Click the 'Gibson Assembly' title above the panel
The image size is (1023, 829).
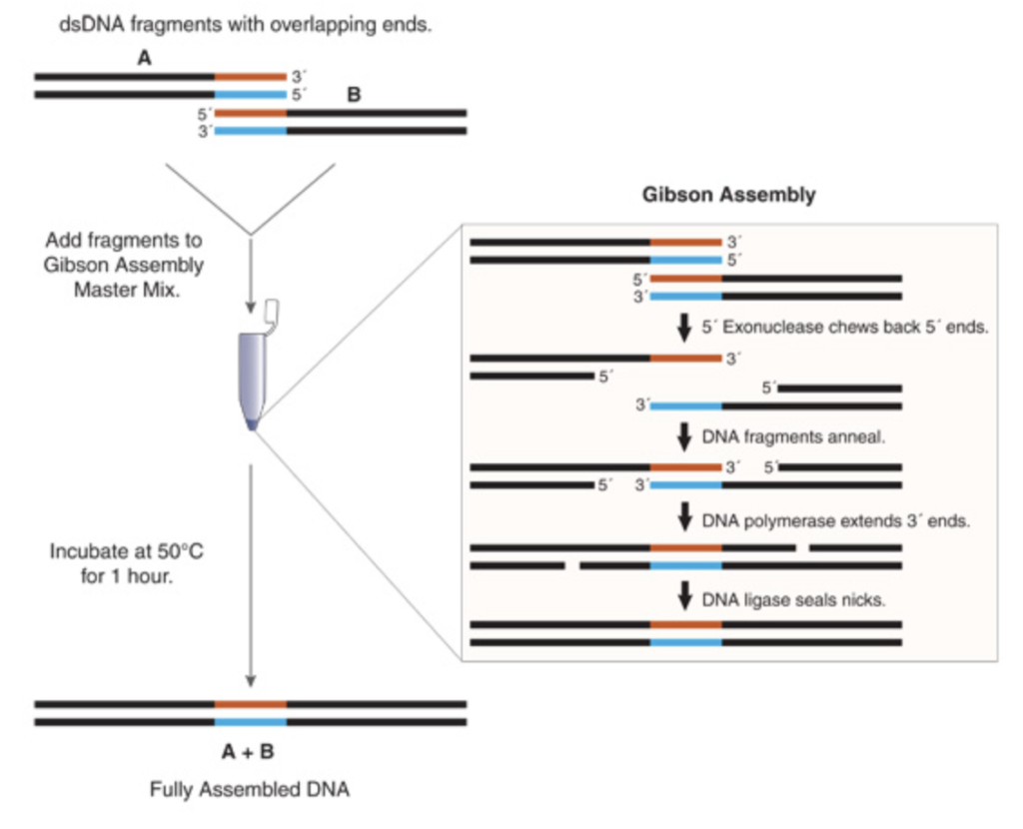click(x=727, y=195)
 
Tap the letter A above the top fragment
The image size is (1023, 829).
click(x=144, y=59)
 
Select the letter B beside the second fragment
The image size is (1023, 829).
click(x=354, y=96)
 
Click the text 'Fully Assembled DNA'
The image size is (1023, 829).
click(x=250, y=790)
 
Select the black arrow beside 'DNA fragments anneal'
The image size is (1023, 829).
click(x=685, y=435)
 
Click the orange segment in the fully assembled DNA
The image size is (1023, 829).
click(x=250, y=704)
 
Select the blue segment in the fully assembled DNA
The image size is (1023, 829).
click(x=250, y=721)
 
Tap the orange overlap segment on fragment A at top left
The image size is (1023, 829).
click(x=250, y=76)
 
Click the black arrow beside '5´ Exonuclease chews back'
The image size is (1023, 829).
click(x=685, y=327)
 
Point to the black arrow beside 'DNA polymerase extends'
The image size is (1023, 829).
click(x=685, y=517)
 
